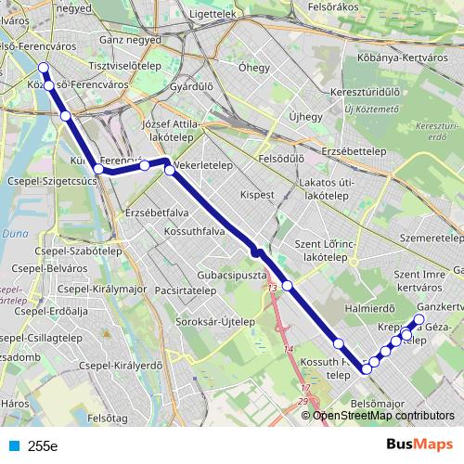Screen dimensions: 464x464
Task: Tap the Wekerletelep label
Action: tap(203, 164)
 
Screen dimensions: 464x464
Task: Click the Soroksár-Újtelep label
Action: tap(216, 321)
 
